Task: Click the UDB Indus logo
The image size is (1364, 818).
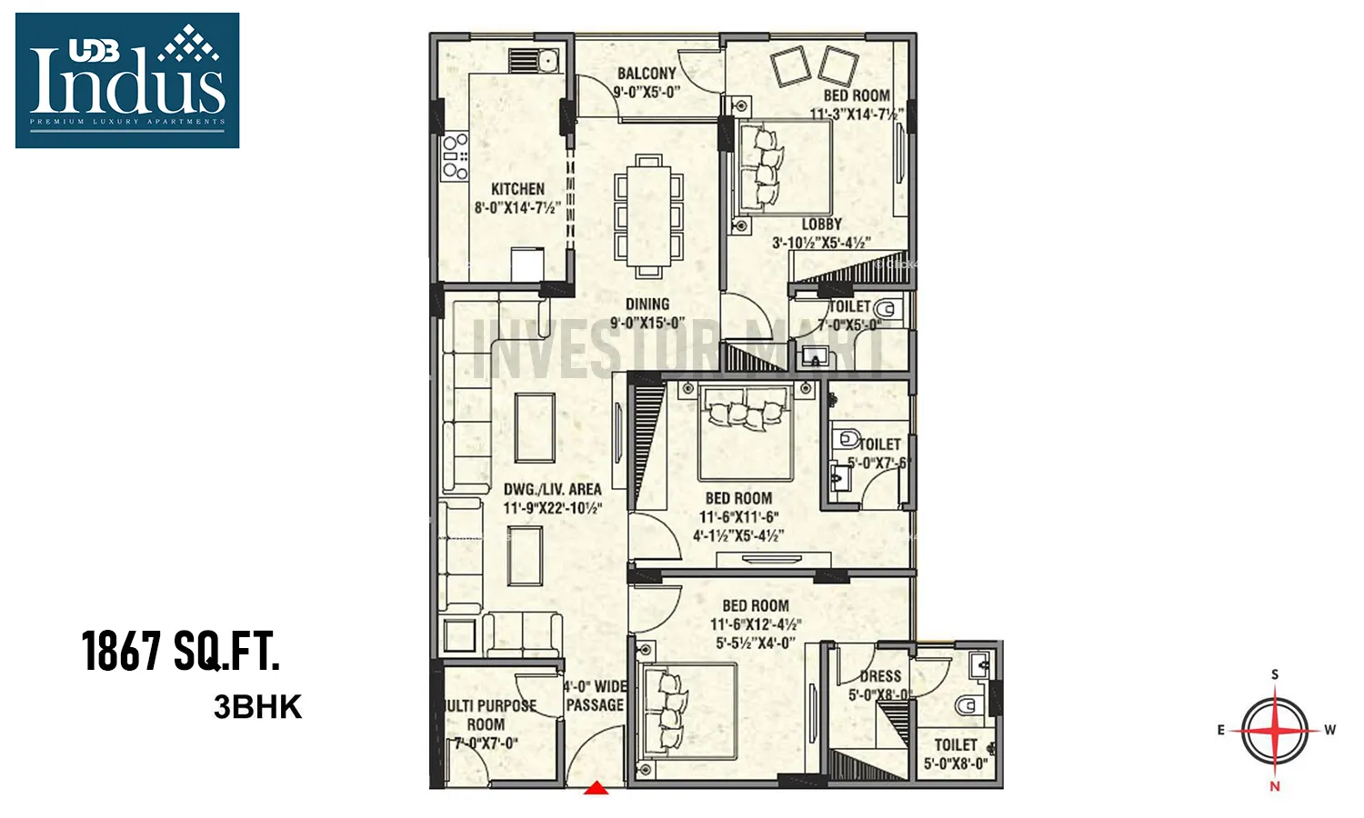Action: pos(127,80)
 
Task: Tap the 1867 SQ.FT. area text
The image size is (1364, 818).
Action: pos(181,651)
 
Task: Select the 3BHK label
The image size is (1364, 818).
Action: pos(257,707)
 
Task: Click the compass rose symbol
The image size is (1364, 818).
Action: pos(1275,730)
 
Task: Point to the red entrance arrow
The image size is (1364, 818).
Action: pos(596,788)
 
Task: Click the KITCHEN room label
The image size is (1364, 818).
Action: pos(517,189)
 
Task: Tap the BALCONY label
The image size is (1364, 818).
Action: pos(647,74)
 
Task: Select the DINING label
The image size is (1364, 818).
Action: pos(647,304)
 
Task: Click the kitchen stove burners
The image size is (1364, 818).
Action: pos(455,156)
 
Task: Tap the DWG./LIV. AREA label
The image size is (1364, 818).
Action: pos(553,489)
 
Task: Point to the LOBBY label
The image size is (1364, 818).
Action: pos(822,224)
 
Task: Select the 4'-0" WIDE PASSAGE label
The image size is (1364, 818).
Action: pos(595,695)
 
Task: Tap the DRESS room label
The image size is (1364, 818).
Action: pos(880,676)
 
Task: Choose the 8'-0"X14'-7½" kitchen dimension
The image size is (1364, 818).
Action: pos(517,208)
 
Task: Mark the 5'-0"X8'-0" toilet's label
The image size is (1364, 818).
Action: pos(956,744)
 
